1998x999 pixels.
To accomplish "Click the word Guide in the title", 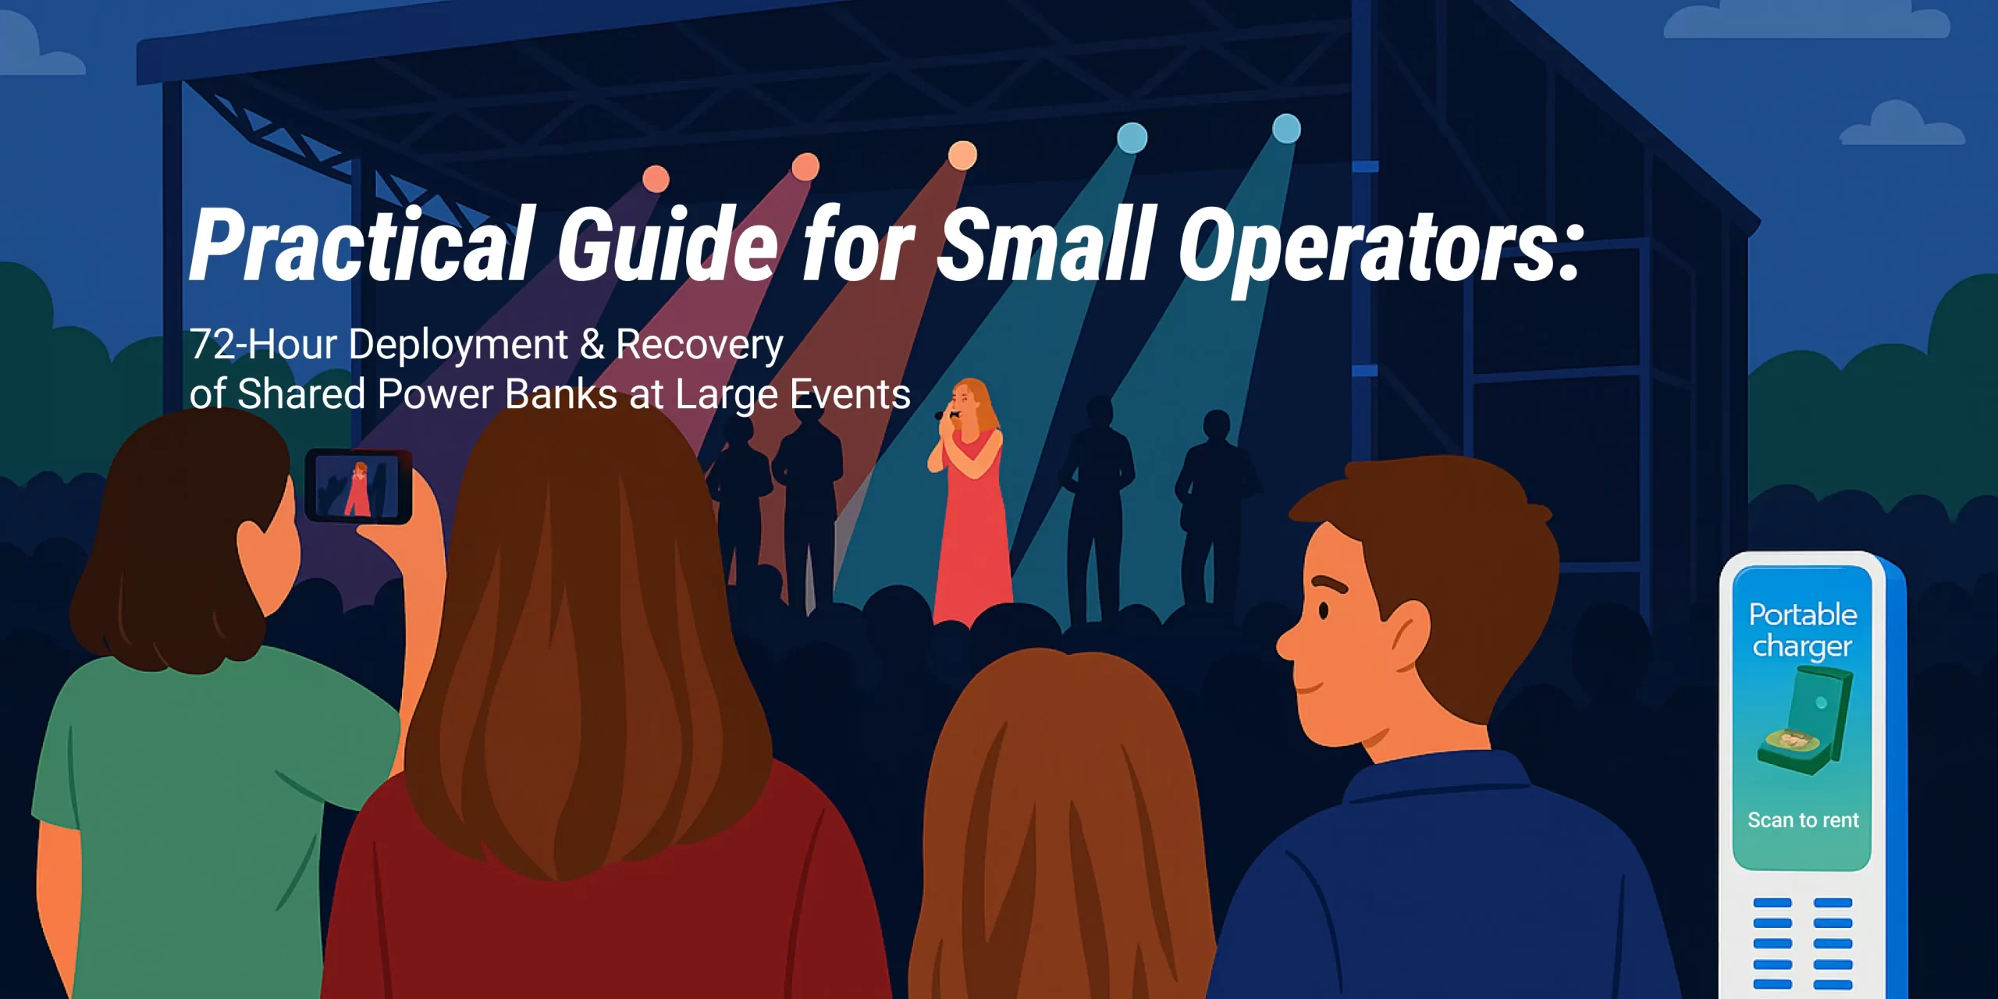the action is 667,244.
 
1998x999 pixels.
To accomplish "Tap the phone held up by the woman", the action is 358,486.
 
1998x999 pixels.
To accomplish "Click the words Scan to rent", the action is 1803,820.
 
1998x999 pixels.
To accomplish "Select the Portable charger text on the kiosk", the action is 1803,631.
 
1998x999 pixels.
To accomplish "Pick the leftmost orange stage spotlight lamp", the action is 656,178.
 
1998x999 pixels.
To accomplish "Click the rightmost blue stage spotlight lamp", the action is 1286,129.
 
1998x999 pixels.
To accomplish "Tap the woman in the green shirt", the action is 211,702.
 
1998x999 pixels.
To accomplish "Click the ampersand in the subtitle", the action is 592,344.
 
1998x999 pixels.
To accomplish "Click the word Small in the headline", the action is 1046,244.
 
